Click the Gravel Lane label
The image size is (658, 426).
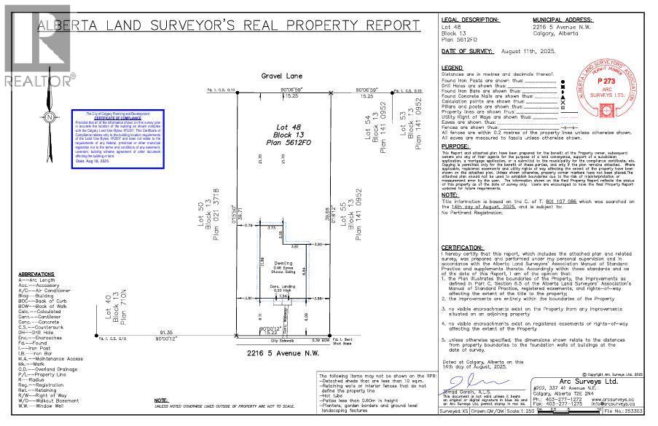[276, 75]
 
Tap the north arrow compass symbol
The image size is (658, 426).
[48, 118]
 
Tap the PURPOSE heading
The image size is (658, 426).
[456, 146]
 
